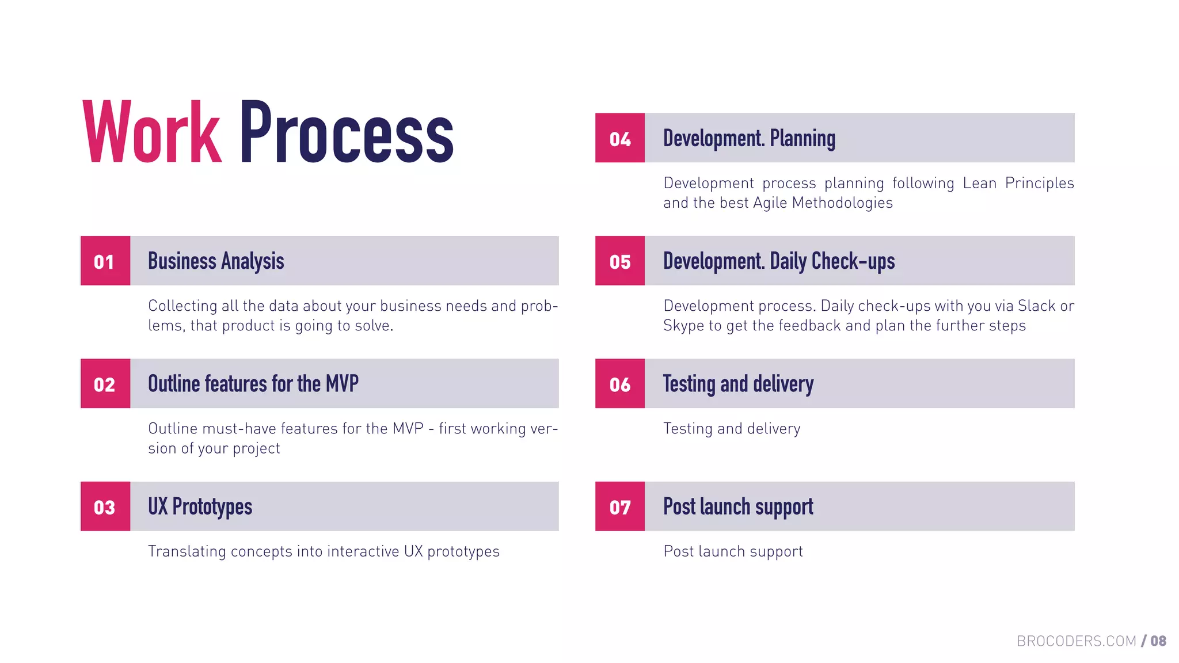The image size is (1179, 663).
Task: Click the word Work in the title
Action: coord(152,132)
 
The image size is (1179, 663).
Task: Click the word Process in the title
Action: coord(347,132)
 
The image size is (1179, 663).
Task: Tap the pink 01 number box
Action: coord(105,261)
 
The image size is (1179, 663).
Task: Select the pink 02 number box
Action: coord(105,384)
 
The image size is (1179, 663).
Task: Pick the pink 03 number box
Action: coord(105,506)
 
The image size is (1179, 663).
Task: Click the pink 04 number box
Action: coord(620,138)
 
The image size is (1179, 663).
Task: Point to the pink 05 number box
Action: coord(620,261)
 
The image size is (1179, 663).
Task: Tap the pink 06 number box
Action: coord(620,384)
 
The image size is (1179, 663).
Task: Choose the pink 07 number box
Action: coord(620,506)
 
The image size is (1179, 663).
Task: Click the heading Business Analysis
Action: coord(216,261)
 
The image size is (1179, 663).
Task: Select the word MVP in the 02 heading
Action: coord(342,383)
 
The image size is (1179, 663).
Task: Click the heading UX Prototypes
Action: coord(200,506)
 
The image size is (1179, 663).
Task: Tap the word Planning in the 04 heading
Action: coord(803,139)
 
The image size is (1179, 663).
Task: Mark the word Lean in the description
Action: coord(979,183)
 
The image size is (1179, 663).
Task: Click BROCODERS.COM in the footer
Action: coord(1076,641)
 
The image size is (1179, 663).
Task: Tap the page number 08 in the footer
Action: coord(1158,641)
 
